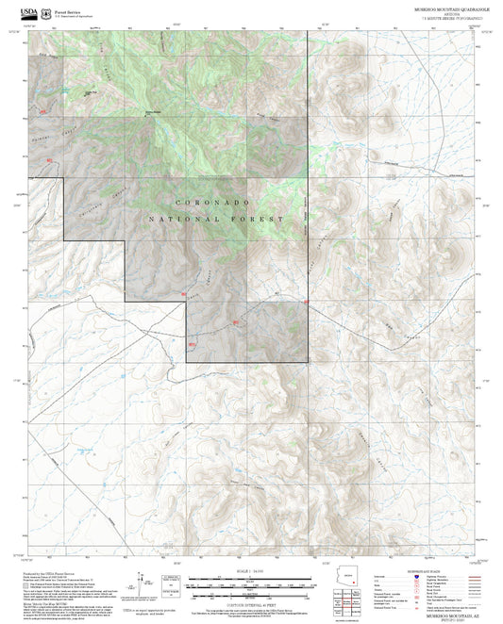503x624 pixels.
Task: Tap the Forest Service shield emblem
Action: coord(47,8)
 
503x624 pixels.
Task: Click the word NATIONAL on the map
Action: coord(180,219)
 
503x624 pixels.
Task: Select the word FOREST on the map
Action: coord(264,219)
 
